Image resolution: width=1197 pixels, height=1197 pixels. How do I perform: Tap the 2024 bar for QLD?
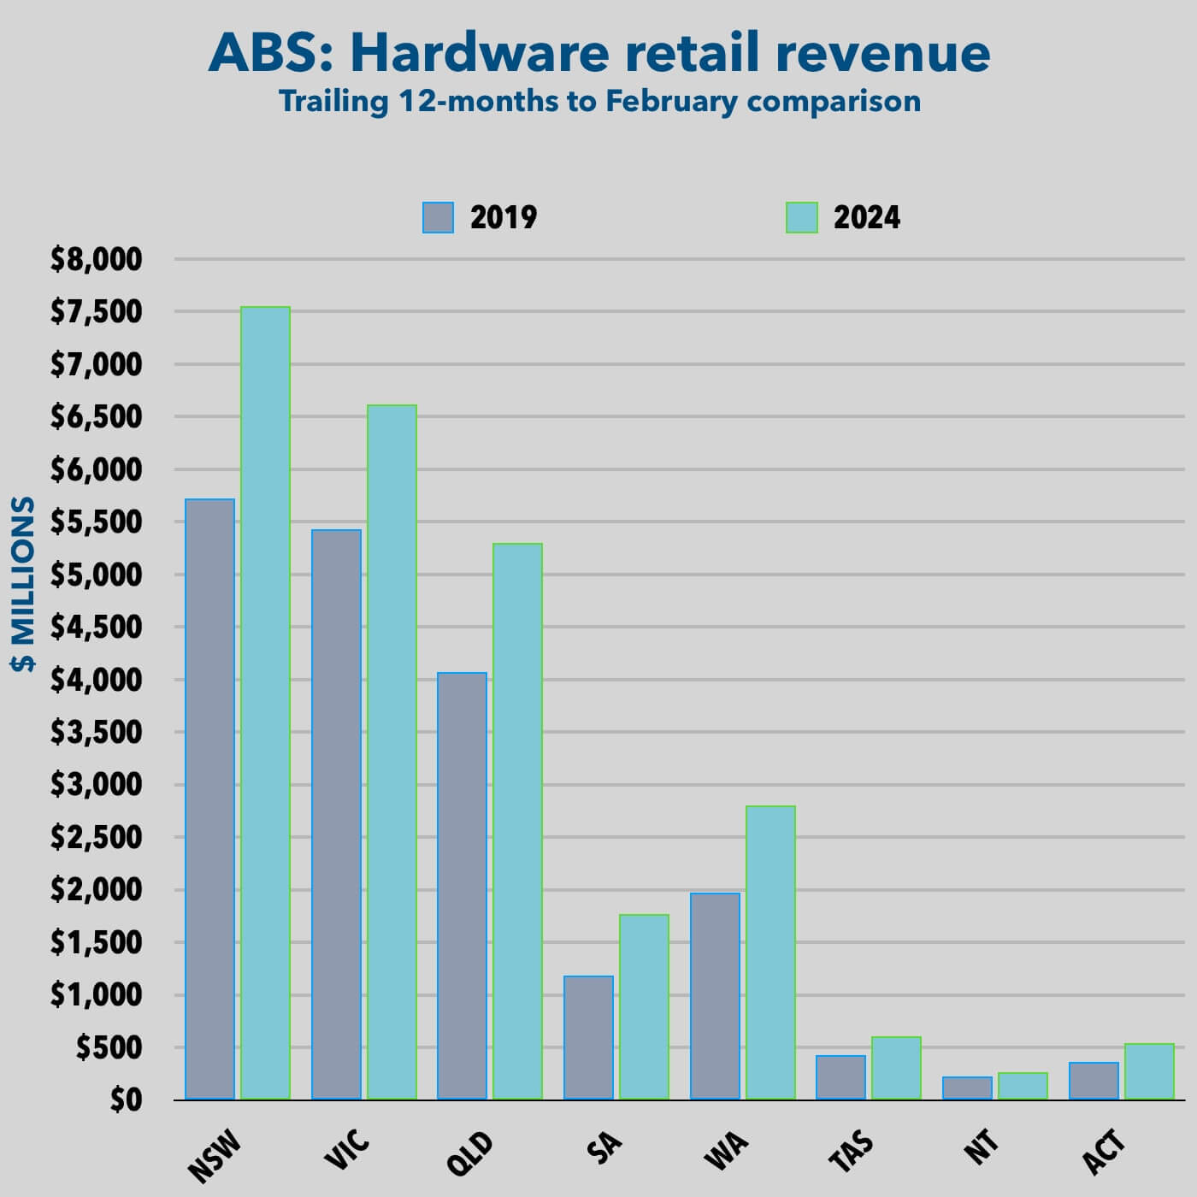coord(517,821)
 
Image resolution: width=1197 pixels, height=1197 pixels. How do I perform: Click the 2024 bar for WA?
coord(770,952)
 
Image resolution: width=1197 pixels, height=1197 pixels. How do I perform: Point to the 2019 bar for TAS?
coord(840,1077)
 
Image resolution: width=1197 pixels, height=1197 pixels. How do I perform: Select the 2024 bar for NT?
coord(1023,1086)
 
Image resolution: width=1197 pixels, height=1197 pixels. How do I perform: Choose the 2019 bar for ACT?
coord(1094,1081)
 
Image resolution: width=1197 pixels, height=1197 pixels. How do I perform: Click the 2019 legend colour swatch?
coord(438,218)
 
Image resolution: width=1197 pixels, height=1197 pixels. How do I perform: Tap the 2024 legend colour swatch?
coord(801,218)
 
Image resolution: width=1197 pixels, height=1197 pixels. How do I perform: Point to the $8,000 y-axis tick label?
coord(97,259)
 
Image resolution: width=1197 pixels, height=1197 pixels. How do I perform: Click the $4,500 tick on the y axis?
coord(97,628)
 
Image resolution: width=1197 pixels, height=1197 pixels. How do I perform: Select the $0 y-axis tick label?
coord(125,1100)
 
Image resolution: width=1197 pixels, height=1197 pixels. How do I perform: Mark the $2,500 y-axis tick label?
coord(97,837)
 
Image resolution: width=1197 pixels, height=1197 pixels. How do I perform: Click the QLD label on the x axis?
coord(471,1153)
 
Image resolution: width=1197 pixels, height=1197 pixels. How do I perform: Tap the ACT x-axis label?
coord(1104,1152)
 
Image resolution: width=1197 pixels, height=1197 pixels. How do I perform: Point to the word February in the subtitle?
coord(671,101)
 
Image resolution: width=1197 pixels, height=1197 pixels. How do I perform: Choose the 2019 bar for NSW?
coord(209,799)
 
